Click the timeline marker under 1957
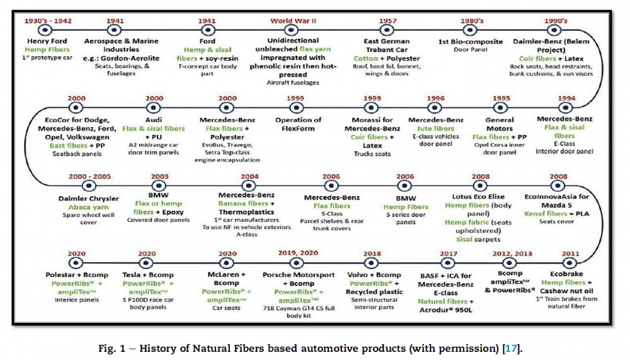[x=387, y=30]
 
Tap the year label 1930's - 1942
[x=47, y=21]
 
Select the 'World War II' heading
[x=294, y=21]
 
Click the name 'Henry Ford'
[x=47, y=41]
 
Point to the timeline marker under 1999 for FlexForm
[x=295, y=108]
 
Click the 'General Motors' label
[x=500, y=124]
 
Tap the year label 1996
[x=435, y=99]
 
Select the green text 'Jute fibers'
[x=436, y=129]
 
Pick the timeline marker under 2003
[x=159, y=185]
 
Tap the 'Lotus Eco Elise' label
[x=479, y=197]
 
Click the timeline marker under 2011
[x=571, y=263]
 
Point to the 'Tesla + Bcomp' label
[x=146, y=275]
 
